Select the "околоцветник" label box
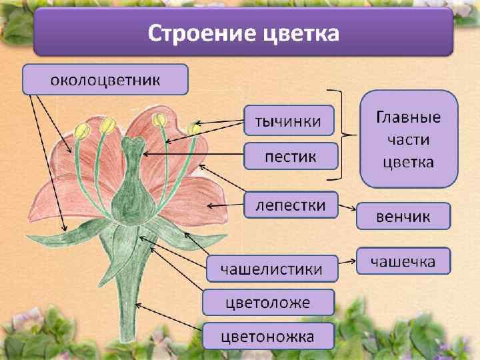[105, 79]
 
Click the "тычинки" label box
[289, 121]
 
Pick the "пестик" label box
[291, 158]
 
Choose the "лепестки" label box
[291, 205]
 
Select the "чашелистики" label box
[272, 268]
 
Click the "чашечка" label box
[403, 261]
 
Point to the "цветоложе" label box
[268, 303]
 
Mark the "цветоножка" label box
[268, 337]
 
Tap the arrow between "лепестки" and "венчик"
[347, 208]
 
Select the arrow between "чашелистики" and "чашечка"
[347, 259]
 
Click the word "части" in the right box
[409, 140]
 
